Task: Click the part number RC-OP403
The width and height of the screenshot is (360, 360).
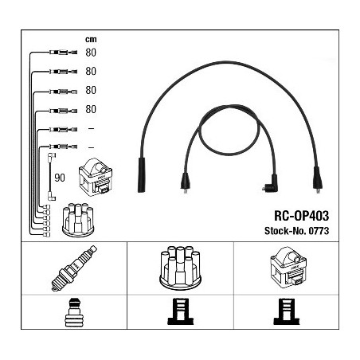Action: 301,216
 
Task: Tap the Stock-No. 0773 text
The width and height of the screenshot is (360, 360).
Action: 296,230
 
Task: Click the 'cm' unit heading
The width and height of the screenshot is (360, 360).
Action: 91,39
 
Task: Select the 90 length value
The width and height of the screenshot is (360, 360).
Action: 60,178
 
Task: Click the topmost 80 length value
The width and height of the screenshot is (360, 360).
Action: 91,53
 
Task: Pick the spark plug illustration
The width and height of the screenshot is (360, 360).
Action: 74,268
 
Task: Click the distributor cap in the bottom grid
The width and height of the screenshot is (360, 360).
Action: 180,268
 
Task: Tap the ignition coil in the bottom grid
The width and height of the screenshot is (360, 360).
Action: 288,266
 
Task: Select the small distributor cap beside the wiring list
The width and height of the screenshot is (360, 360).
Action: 78,220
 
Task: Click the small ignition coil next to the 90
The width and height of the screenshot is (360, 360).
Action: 96,177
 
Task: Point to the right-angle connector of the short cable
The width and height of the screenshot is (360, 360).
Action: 270,184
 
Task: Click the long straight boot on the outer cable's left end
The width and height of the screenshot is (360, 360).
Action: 142,175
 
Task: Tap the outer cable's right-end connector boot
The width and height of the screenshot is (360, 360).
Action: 318,179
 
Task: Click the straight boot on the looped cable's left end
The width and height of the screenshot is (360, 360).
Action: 186,182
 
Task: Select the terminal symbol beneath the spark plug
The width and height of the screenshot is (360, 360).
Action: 74,312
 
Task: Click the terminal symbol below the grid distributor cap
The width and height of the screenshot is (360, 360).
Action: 181,311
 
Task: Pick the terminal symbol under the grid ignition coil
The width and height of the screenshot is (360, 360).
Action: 287,311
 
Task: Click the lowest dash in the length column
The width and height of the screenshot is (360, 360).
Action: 91,147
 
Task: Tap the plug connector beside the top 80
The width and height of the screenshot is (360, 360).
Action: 64,53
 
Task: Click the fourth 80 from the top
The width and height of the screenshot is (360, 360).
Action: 91,109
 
